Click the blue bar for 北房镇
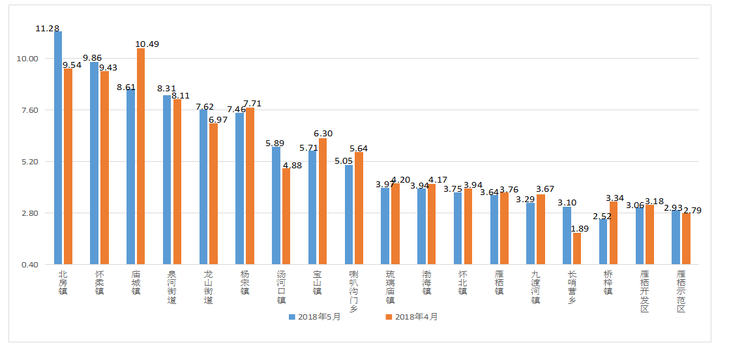pos(58,147)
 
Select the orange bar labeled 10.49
pos(141,157)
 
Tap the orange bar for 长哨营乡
pos(577,248)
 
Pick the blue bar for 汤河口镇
pos(276,205)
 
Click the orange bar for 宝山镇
pos(323,201)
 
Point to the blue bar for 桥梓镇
pos(604,241)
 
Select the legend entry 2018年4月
pos(411,317)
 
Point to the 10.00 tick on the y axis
pos(28,59)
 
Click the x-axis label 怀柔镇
pos(99,282)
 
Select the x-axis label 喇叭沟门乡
pos(353,291)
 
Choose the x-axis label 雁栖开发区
pos(644,291)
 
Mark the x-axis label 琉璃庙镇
pos(390,287)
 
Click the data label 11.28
pos(48,29)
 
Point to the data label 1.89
pos(580,228)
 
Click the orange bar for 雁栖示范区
pos(686,239)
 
